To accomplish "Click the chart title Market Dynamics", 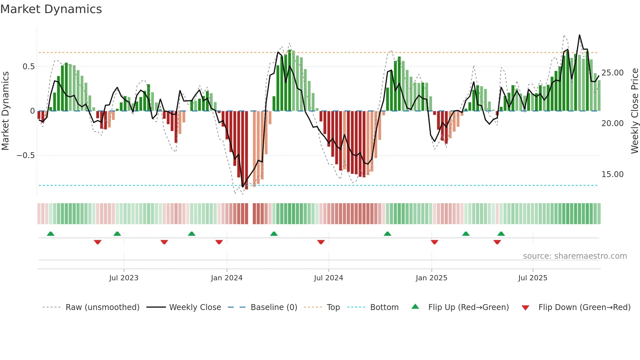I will point(51,9).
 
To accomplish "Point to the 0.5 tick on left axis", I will point(28,67).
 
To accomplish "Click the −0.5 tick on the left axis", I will point(25,155).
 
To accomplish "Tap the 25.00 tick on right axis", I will point(612,73).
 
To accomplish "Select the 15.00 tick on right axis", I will point(612,174).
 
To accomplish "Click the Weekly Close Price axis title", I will point(634,111).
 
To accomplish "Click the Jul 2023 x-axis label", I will point(124,278).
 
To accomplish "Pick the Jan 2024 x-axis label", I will point(227,278).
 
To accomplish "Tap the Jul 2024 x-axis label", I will point(328,278).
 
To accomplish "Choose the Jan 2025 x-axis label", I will point(431,278).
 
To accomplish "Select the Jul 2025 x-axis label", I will point(533,278).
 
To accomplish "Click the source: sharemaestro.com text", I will point(575,256).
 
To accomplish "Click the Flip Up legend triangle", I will point(415,306).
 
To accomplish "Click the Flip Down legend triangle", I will point(525,308).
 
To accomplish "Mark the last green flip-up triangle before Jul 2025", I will point(501,234).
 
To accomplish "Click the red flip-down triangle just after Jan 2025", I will point(434,242).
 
